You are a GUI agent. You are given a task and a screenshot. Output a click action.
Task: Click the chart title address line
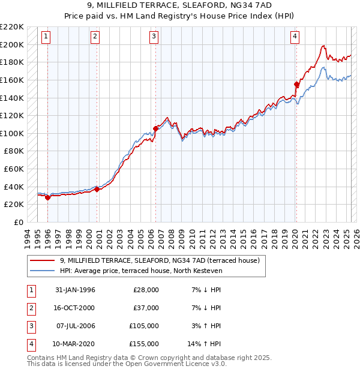[x=180, y=5]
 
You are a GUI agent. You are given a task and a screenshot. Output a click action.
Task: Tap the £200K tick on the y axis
[x=13, y=44]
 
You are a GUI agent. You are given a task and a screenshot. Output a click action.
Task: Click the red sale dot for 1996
[x=47, y=197]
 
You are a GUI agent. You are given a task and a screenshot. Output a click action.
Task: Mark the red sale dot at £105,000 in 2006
[x=155, y=128]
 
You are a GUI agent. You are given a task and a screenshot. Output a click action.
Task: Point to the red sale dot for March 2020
[x=296, y=84]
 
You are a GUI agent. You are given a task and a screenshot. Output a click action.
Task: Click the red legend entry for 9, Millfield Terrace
[x=159, y=260]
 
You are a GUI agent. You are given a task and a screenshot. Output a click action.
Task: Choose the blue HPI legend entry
[x=141, y=271]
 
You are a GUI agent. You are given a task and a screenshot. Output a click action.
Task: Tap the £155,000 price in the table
[x=144, y=344]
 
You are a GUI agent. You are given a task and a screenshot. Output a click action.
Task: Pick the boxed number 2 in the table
[x=30, y=308]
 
